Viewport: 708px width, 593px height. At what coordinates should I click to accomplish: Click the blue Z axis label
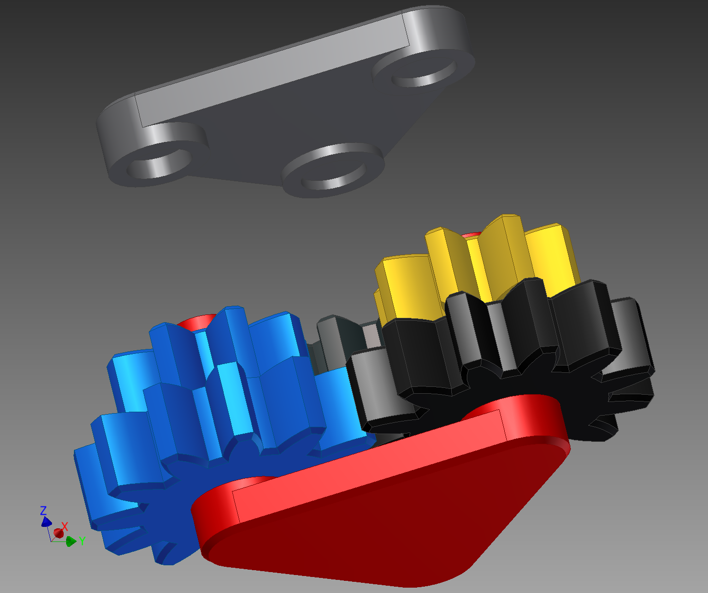43,510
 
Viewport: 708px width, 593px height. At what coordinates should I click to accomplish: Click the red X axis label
65,526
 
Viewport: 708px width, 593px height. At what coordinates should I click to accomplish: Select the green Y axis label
82,541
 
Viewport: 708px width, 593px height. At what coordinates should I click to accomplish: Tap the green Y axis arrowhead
71,541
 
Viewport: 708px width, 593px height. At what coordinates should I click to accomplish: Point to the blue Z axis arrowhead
46,522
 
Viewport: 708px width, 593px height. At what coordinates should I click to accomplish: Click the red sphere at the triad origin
58,533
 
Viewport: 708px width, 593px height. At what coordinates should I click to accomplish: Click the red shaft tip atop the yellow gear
471,236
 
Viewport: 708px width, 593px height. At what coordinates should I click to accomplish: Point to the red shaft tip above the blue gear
197,322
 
